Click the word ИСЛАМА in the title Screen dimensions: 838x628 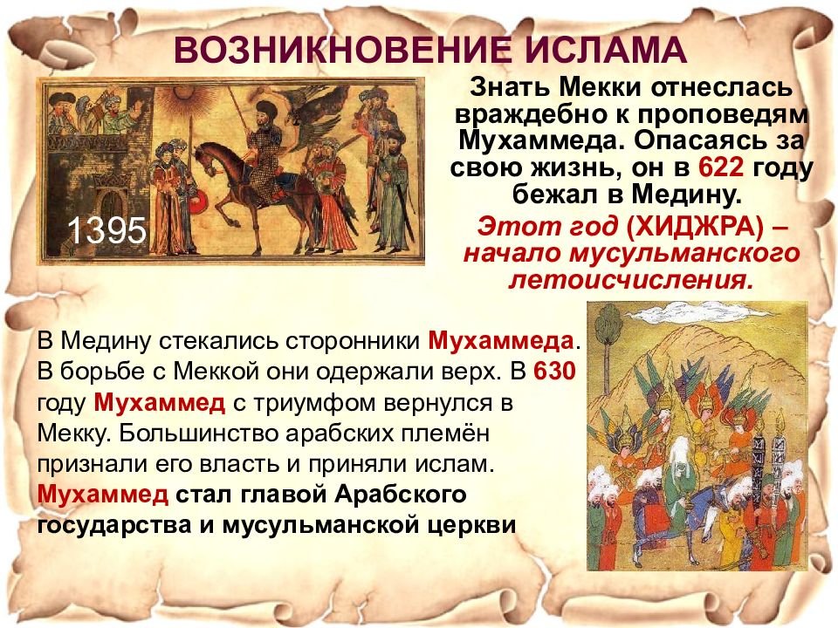click(605, 50)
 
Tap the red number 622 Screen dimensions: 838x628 click(721, 167)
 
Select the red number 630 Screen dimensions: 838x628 click(555, 371)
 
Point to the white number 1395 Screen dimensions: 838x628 click(106, 230)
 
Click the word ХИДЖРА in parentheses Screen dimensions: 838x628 click(698, 227)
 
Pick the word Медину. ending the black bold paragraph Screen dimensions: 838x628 click(687, 195)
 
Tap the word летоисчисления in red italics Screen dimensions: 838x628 click(630, 280)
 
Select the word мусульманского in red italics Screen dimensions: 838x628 click(684, 254)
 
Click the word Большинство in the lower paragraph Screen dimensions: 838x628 click(199, 433)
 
